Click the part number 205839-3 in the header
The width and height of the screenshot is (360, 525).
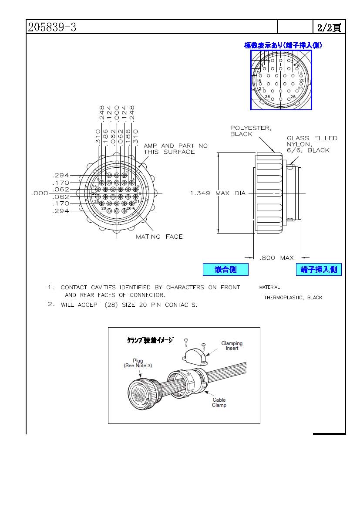coord(52,27)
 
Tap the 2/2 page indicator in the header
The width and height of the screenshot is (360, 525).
coord(329,28)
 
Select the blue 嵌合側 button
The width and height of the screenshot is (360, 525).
coord(225,270)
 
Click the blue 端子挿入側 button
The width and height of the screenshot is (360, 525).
coord(319,270)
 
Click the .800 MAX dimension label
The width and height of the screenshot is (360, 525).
coord(276,258)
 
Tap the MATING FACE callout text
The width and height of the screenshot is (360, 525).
coord(159,237)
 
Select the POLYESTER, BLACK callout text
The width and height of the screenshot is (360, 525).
coord(251,131)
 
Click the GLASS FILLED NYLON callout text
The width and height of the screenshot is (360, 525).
coord(312,144)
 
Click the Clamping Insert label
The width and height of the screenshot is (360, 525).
coord(232,346)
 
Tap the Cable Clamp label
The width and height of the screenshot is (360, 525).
coord(219,403)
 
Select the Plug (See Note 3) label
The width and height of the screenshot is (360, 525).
coord(138,363)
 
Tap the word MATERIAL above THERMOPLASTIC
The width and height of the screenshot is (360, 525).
coord(269,288)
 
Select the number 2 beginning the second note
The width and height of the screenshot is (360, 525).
coord(50,305)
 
